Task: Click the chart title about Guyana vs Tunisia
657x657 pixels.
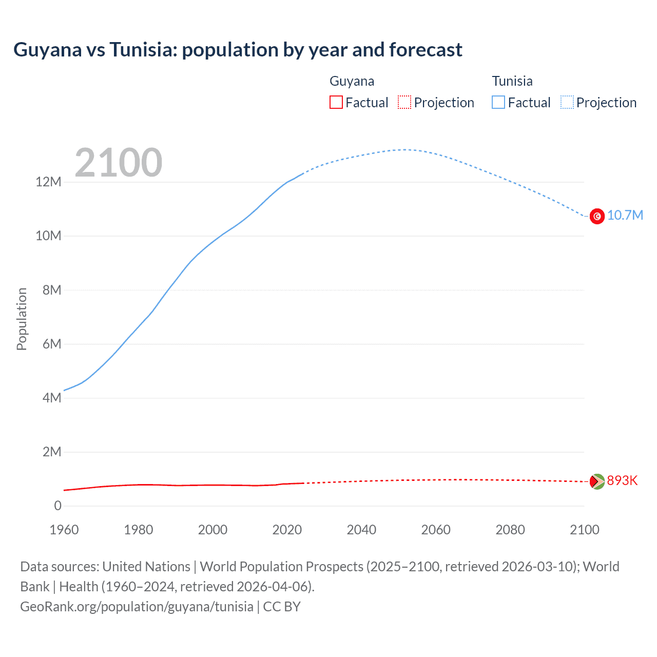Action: (x=238, y=50)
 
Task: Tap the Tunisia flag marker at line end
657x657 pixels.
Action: (x=597, y=216)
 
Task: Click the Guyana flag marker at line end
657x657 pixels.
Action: (x=597, y=481)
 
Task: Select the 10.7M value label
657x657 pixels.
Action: (x=625, y=216)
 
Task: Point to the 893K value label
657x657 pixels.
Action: (x=622, y=481)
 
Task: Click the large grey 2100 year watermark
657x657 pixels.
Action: (x=119, y=163)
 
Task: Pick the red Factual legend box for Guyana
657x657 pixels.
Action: (x=336, y=103)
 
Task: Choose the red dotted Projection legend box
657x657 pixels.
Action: (x=404, y=103)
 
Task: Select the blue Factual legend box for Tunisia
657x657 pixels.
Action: (x=498, y=103)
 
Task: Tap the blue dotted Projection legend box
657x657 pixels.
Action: (x=567, y=103)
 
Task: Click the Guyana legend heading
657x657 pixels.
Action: (x=352, y=81)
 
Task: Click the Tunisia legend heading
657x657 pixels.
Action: (x=512, y=81)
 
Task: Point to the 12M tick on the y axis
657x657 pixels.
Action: (x=48, y=182)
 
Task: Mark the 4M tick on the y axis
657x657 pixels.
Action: (x=51, y=398)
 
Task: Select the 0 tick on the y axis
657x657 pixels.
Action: (x=57, y=506)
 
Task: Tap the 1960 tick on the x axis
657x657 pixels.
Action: (x=64, y=530)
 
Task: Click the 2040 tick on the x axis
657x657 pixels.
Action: (x=361, y=530)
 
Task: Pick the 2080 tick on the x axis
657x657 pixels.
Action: (x=510, y=530)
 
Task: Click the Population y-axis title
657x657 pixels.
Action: (x=22, y=319)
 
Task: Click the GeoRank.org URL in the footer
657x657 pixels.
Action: (x=137, y=607)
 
